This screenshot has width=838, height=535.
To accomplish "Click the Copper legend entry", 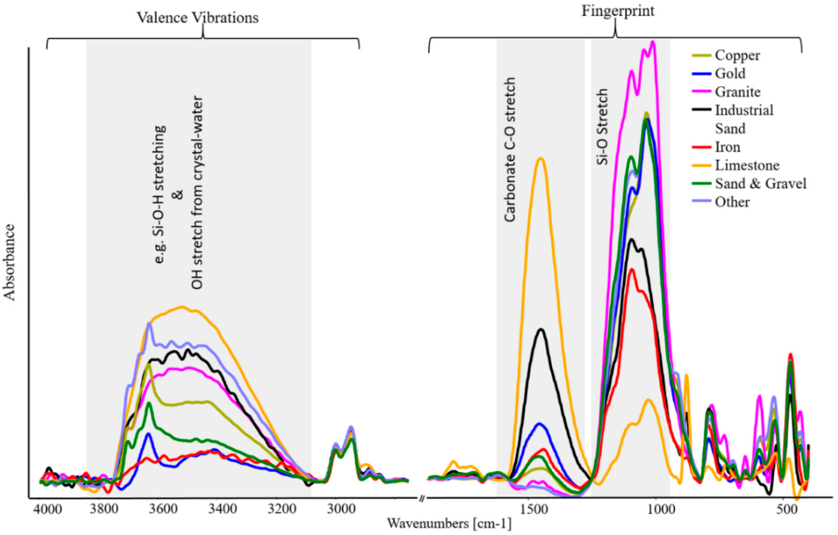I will point(737,55).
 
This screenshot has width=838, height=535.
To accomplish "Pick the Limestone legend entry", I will point(747,165).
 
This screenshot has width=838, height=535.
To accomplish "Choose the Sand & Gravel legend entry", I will point(760,183).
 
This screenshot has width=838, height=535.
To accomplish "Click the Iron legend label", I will point(727,147).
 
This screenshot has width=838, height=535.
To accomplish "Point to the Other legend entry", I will point(732,202).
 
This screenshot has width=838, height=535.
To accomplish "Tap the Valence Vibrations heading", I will point(198,18).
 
